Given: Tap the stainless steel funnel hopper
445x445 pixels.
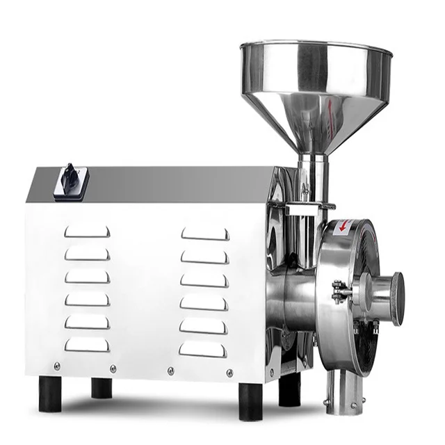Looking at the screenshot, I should (314, 90).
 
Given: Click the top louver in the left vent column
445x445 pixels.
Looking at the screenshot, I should (87, 232).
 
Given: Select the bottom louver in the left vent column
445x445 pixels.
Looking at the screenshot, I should (87, 344).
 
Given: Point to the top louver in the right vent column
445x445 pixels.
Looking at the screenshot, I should (204, 234).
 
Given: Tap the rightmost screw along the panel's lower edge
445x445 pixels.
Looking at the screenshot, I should (230, 373).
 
